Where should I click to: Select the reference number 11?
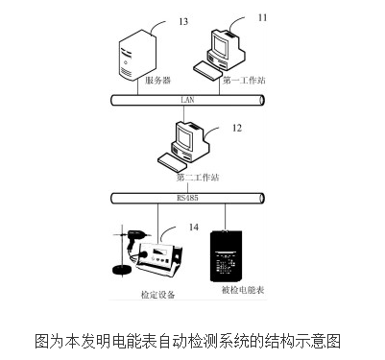click(x=262, y=16)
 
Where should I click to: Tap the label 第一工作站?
click(x=243, y=82)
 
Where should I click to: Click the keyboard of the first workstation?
click(x=212, y=66)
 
